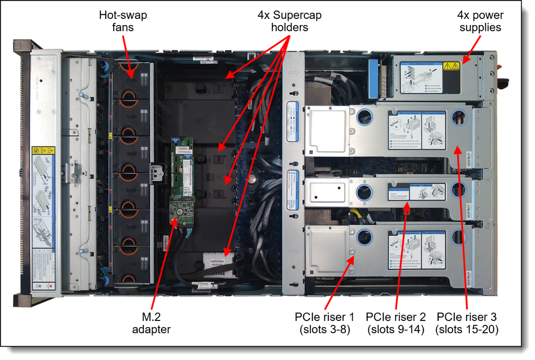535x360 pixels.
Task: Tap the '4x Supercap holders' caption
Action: point(289,21)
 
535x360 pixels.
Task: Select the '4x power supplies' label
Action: point(479,21)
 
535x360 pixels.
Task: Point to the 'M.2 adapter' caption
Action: point(151,323)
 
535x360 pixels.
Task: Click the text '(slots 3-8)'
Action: point(324,329)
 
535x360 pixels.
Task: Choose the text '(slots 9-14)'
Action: point(396,329)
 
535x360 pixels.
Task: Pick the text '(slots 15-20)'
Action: point(467,329)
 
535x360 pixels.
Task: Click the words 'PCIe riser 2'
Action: point(396,317)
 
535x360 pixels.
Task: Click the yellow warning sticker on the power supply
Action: point(450,66)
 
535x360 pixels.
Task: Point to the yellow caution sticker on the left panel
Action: point(43,152)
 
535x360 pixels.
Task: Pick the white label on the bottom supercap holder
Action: point(218,261)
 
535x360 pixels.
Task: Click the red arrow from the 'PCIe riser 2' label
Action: point(401,256)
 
